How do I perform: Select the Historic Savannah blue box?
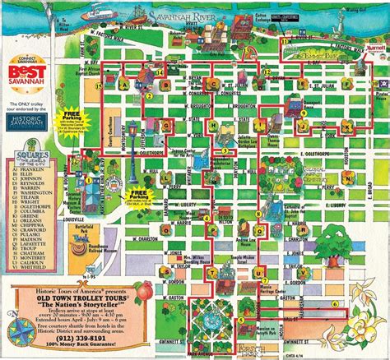[x=32, y=122]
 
